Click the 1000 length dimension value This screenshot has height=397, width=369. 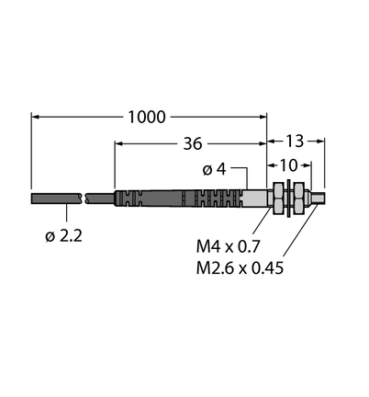(147, 117)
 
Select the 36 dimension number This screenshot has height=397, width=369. (193, 143)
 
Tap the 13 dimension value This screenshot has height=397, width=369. (295, 141)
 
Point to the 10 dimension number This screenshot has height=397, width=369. (289, 165)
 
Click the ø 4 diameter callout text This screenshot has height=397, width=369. (214, 169)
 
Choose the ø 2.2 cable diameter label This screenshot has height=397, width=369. (63, 236)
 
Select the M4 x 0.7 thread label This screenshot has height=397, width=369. (228, 246)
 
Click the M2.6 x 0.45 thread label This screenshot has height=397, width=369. (240, 268)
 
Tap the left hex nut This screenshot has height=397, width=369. (278, 198)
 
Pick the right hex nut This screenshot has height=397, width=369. (297, 198)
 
